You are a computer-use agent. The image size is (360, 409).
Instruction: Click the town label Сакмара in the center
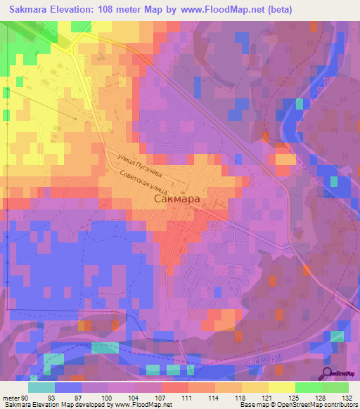pos(176,199)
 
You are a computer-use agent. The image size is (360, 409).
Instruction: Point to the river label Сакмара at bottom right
pos(265,358)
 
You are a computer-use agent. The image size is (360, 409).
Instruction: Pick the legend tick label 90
pos(26,398)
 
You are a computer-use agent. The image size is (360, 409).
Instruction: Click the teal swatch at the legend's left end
pos(41,387)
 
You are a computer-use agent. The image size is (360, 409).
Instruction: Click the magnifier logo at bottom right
pos(328,375)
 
